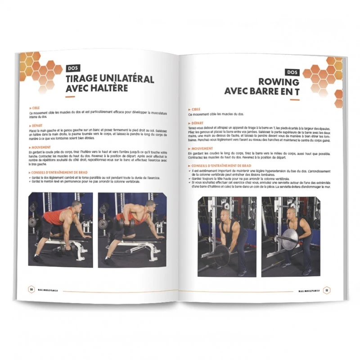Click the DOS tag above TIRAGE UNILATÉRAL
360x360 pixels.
click(72, 68)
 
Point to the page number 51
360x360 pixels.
click(327, 291)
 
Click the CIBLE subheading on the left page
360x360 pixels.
click(35, 108)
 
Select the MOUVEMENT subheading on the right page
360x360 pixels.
click(202, 148)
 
